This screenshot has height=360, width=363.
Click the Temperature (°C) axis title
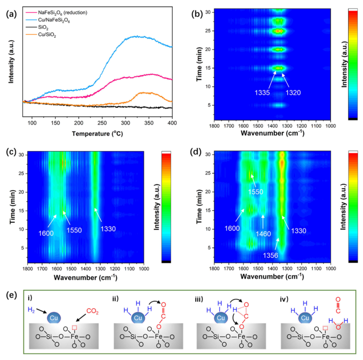[x=98, y=133]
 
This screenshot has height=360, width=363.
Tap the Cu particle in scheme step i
[x=54, y=318]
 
